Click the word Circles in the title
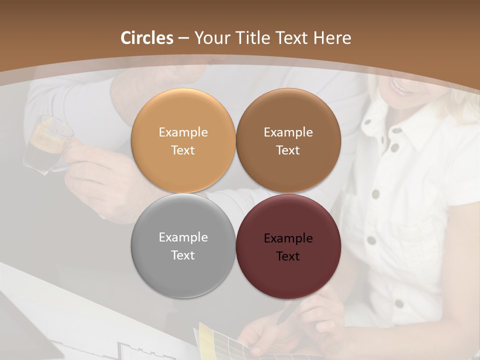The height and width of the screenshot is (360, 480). pos(147,38)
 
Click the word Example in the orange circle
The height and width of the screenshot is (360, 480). pos(183,132)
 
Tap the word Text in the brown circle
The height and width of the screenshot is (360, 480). pos(288,150)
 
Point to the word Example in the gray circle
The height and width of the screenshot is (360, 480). pos(183,237)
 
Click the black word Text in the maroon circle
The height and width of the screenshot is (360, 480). pos(288,256)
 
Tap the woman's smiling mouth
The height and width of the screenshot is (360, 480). pos(400,86)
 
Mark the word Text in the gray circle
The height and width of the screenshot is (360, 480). pos(183,255)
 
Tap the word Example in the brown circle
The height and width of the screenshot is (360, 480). pos(288,132)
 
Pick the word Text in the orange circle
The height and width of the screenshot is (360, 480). pos(183,150)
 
